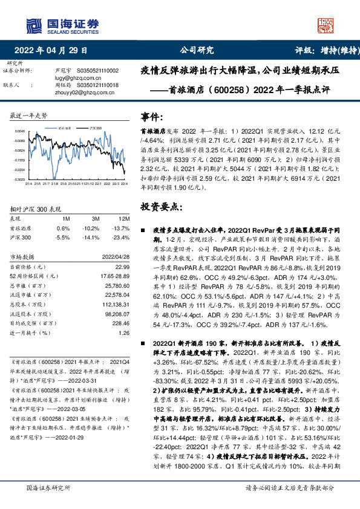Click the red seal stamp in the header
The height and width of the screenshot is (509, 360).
(x=327, y=25)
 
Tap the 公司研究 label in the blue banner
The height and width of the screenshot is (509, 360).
(x=197, y=51)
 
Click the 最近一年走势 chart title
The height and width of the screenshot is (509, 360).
(x=29, y=115)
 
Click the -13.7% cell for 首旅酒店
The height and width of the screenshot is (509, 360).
(x=120, y=228)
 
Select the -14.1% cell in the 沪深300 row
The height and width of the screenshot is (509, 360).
(x=93, y=238)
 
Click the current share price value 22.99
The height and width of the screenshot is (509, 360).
(x=123, y=267)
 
